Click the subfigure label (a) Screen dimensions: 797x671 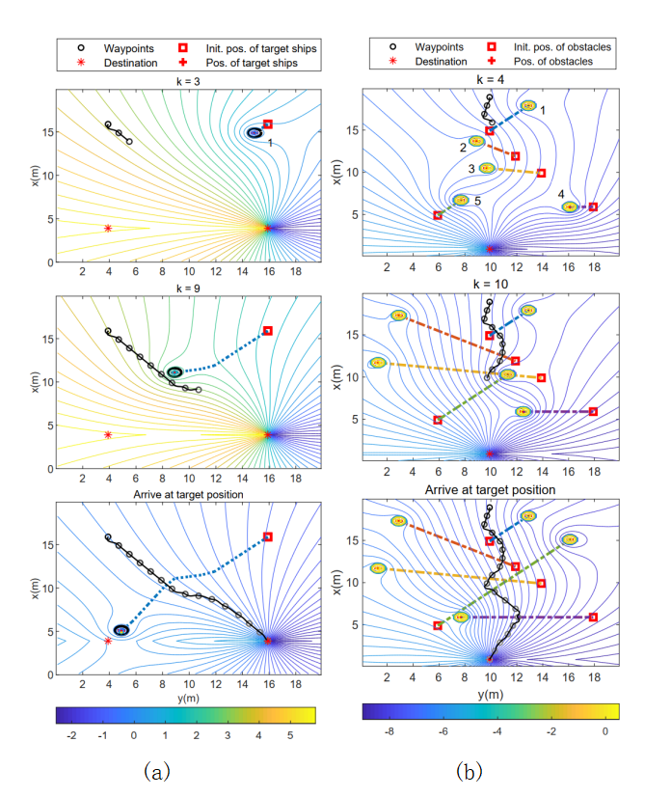(158, 770)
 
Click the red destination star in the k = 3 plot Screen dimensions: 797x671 (108, 228)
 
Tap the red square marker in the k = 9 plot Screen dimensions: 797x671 (268, 330)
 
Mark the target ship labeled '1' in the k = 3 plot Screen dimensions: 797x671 (255, 132)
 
